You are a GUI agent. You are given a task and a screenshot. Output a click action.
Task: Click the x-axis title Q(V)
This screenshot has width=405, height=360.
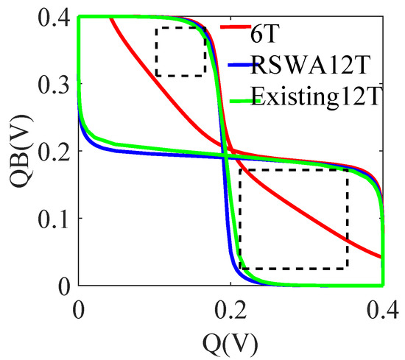[x=230, y=340]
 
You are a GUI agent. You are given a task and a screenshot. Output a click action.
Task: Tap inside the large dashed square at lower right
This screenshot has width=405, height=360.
[x=293, y=219]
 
